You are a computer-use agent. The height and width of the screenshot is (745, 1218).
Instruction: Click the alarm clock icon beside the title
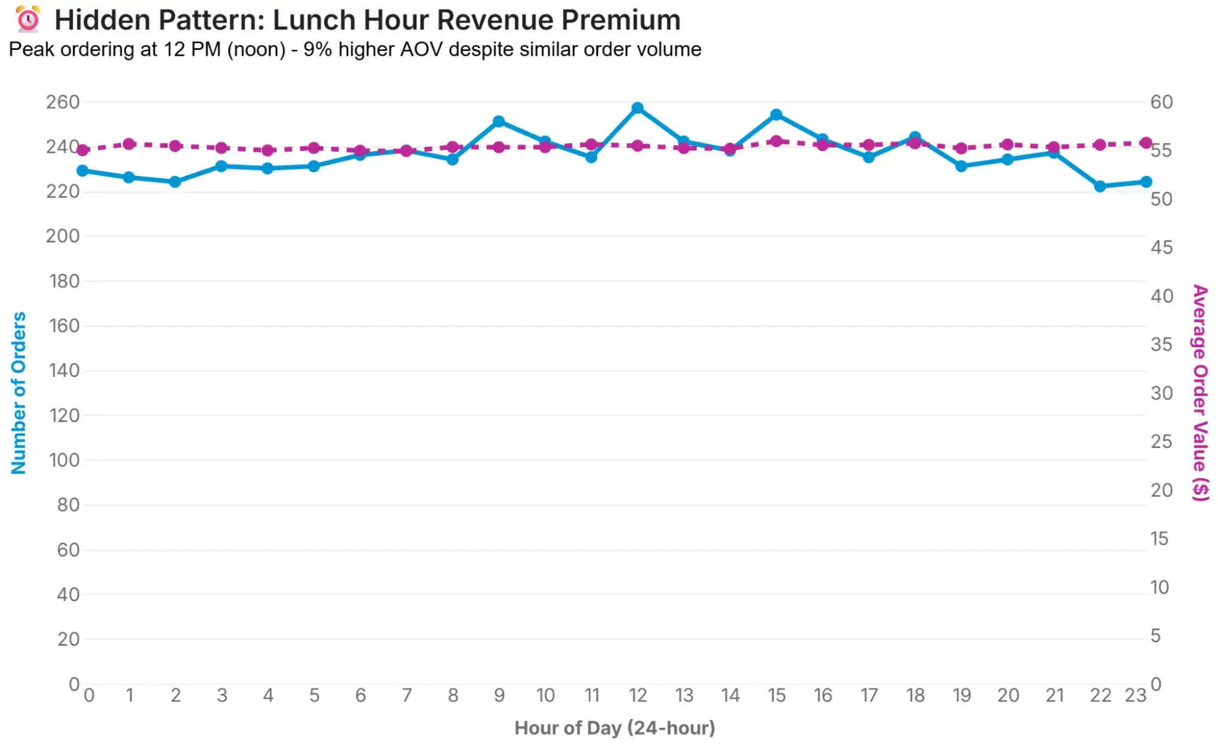(28, 19)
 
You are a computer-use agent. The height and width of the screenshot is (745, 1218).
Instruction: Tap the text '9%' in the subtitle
(317, 49)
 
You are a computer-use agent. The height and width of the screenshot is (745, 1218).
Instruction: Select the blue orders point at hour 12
(637, 108)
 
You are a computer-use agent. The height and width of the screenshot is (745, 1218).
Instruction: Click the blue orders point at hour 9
(498, 122)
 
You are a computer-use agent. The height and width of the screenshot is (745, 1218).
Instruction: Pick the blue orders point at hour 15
(776, 115)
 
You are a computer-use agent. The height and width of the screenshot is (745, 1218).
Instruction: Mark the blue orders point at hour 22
(1100, 186)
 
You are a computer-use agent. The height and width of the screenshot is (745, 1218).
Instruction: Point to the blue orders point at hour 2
(175, 182)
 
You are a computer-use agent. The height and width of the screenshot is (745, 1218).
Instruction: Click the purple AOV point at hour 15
(776, 141)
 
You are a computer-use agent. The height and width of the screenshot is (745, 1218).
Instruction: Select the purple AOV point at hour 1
(129, 144)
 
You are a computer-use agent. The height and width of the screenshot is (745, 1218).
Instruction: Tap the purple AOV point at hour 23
(1146, 143)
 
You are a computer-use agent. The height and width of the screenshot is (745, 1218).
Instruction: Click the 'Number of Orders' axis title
(19, 393)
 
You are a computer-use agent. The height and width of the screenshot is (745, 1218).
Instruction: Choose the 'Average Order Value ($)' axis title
(1200, 393)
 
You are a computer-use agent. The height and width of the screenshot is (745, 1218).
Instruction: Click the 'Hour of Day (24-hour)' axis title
(614, 728)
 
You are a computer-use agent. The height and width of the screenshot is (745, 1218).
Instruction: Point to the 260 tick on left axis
(63, 102)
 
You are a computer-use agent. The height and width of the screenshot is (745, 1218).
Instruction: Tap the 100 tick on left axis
(64, 460)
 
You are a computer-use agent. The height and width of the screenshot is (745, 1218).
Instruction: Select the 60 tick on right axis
(1161, 102)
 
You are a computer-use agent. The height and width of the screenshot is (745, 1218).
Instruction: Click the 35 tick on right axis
(1161, 345)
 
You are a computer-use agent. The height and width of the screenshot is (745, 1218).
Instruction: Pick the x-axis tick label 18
(915, 696)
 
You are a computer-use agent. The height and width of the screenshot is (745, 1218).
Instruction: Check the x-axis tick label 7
(406, 696)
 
